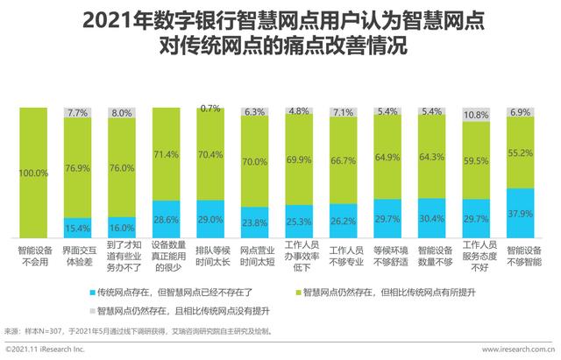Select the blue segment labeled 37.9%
click(x=521, y=211)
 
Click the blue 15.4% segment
click(x=77, y=227)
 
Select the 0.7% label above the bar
click(x=210, y=109)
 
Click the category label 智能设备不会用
click(x=33, y=255)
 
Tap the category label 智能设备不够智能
click(x=521, y=255)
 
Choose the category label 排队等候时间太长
click(x=210, y=255)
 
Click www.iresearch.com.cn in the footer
click(x=517, y=350)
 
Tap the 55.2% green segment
click(x=521, y=152)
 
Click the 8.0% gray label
click(x=122, y=113)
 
